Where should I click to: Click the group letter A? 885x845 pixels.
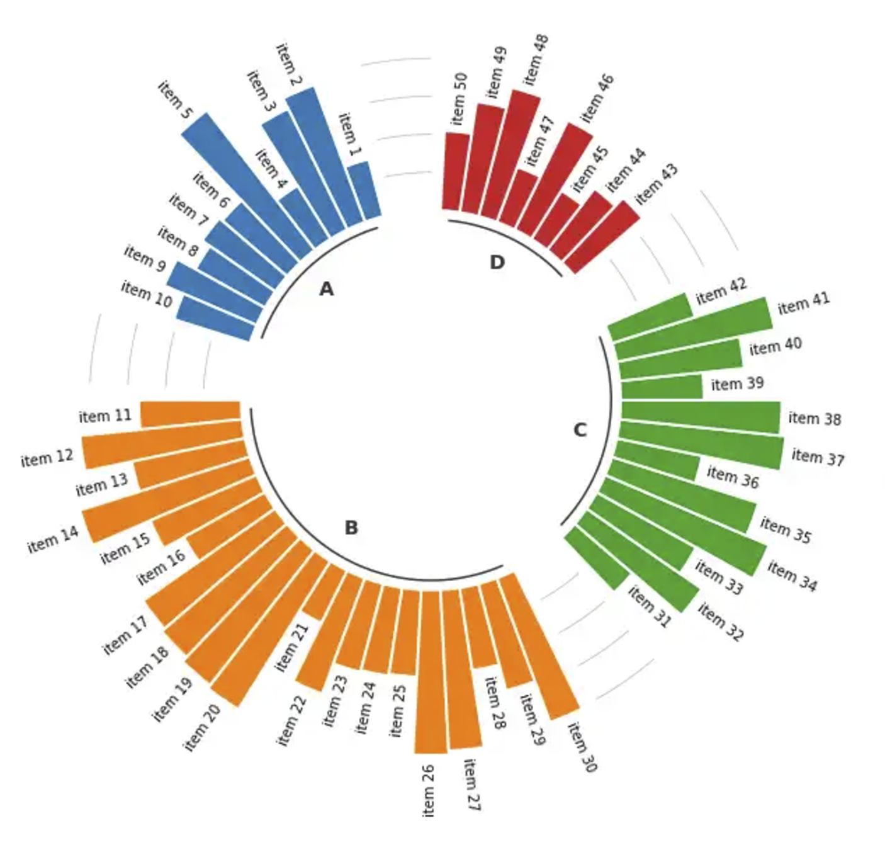(326, 289)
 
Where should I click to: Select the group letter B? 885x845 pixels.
(351, 528)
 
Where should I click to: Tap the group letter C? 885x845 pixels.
(580, 430)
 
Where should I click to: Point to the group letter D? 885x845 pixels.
(497, 263)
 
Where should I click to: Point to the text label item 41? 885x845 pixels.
(804, 303)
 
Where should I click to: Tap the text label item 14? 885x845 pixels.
(53, 540)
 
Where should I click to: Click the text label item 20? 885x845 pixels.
(202, 728)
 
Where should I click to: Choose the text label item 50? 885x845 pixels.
(459, 99)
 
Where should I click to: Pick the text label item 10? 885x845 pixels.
(147, 295)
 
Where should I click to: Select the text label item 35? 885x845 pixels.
(786, 530)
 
